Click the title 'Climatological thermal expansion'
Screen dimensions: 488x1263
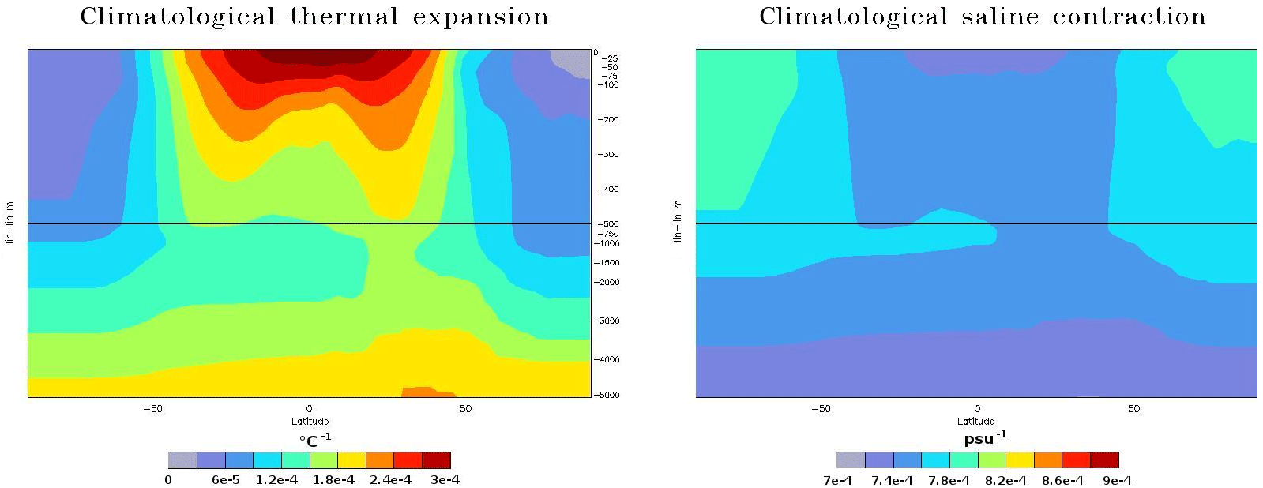coord(314,17)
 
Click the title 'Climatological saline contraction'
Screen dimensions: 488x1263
coord(983,17)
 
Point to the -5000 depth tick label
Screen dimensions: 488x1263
coord(607,395)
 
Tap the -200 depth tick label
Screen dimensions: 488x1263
coord(608,120)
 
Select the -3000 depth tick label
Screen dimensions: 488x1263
coord(607,321)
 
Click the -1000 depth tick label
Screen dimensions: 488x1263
coord(607,244)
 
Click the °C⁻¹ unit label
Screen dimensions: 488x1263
coord(314,440)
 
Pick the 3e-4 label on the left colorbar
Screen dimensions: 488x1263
coord(445,480)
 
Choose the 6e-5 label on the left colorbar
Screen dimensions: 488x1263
coord(227,480)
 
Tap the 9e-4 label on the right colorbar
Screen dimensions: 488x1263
coord(1117,480)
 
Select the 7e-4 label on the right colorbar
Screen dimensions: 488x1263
coord(837,480)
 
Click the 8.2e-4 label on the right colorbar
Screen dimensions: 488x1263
coord(1006,480)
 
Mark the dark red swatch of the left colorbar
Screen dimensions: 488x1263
coord(436,460)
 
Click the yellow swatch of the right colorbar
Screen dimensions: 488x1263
coord(1020,460)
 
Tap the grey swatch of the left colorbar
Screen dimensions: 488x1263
coord(182,460)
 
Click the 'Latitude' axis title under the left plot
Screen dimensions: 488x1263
coord(310,422)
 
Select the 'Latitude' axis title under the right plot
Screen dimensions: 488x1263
coord(976,422)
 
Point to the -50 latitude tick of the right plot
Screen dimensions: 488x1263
coord(821,409)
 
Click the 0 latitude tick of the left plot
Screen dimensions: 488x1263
coord(309,409)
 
